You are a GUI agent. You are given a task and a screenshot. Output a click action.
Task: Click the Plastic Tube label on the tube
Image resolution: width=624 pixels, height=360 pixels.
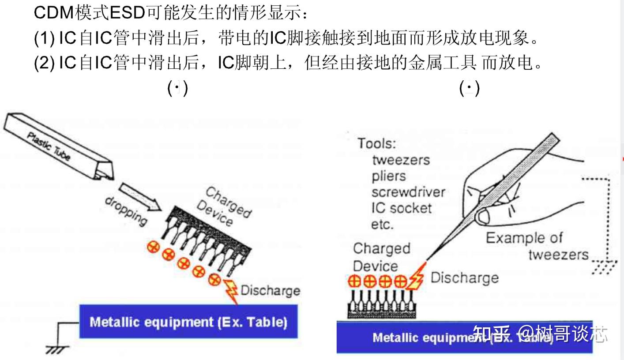click(49, 146)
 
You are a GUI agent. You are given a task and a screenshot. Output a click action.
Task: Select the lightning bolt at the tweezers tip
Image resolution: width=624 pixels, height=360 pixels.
click(416, 277)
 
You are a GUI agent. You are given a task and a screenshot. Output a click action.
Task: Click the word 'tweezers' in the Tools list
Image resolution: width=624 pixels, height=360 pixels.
click(401, 159)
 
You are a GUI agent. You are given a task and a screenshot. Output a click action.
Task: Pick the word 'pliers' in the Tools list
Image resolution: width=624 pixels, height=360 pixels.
click(388, 176)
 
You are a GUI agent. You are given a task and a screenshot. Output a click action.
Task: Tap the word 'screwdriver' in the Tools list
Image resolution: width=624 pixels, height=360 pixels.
click(408, 192)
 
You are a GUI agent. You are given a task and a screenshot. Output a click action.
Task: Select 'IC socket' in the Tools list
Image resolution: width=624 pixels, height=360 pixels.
click(401, 208)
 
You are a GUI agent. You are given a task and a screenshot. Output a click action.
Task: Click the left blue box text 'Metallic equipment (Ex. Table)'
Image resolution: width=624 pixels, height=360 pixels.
click(188, 322)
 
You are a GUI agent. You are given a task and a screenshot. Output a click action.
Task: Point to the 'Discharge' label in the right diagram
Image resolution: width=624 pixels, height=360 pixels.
click(464, 278)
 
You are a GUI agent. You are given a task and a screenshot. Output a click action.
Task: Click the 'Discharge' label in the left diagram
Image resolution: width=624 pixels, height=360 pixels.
click(270, 290)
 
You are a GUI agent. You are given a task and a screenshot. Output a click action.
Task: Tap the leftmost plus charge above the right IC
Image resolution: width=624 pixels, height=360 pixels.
click(355, 281)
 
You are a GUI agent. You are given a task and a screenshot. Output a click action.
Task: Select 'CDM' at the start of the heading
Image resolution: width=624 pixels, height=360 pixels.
click(48, 13)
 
